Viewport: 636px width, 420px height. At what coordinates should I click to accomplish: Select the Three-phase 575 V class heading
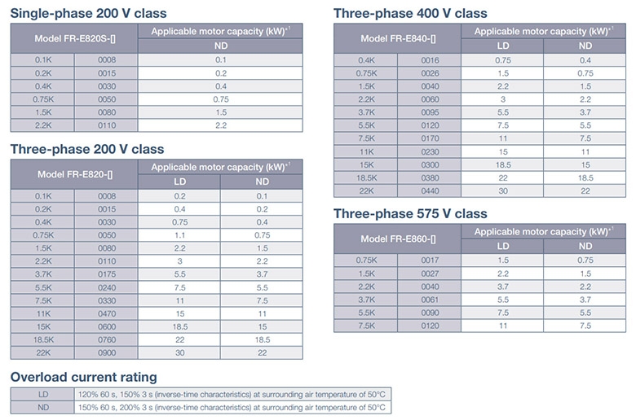click(410, 213)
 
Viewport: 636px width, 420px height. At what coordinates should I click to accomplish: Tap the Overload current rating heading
click(83, 377)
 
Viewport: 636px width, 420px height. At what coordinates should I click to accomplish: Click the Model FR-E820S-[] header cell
click(74, 38)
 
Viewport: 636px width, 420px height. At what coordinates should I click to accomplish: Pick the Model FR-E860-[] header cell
click(398, 238)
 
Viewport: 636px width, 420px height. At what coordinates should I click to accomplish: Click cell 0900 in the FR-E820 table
click(107, 352)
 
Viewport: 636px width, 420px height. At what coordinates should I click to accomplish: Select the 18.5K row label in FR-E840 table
click(366, 177)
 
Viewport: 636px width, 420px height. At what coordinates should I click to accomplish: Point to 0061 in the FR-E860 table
click(430, 299)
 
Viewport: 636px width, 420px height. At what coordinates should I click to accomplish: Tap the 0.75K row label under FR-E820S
click(42, 98)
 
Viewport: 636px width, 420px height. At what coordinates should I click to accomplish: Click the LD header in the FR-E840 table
click(503, 46)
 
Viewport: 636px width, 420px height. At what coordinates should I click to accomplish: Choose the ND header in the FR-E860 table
click(585, 245)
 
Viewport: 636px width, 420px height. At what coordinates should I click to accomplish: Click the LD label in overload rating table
click(42, 393)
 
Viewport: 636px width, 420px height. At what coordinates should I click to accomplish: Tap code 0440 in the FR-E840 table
click(430, 190)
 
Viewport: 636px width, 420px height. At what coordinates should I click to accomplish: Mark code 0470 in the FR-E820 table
click(107, 313)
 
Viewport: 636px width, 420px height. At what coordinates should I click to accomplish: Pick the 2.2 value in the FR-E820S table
click(220, 125)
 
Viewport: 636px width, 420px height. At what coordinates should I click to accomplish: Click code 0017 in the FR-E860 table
click(430, 260)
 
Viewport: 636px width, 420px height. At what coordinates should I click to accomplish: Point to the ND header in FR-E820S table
click(220, 46)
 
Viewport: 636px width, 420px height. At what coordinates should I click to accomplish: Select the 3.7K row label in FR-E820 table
click(42, 274)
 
